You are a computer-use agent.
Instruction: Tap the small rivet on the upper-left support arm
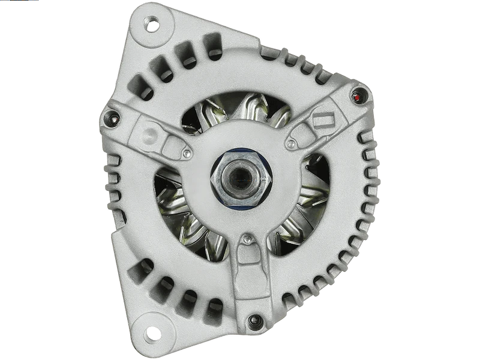188,154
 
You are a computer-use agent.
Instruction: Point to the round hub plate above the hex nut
240,141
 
